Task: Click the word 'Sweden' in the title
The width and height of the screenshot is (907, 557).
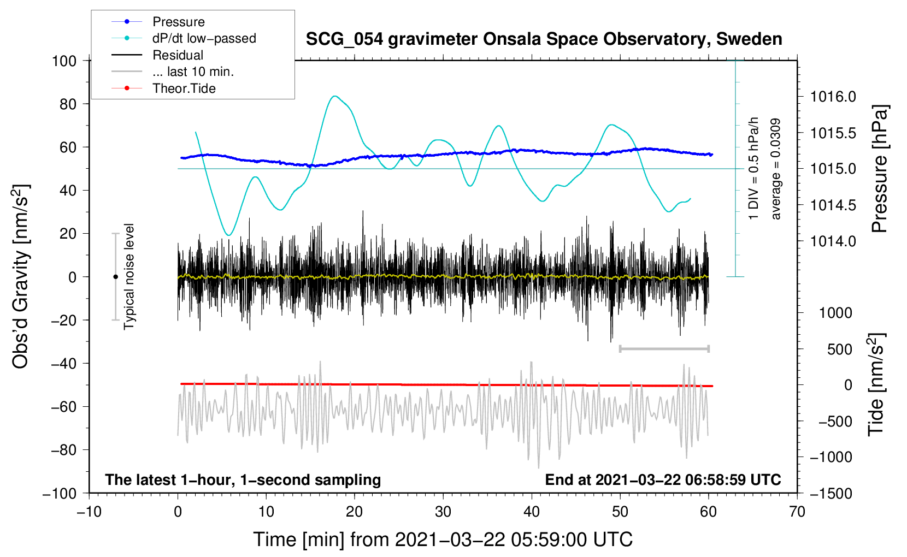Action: (749, 39)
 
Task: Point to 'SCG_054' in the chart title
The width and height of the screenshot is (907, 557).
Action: (344, 40)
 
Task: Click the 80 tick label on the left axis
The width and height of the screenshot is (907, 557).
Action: (68, 104)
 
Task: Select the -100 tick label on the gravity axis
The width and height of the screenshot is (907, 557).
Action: (60, 494)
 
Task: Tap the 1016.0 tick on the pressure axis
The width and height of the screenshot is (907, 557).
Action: (833, 97)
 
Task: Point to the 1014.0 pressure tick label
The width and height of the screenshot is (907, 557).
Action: (833, 241)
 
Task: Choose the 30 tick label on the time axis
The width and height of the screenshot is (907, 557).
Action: (443, 512)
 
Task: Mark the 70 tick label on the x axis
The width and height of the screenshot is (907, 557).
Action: (797, 512)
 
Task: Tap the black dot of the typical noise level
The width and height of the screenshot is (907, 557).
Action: (115, 277)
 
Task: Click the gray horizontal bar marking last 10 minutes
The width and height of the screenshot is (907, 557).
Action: (664, 348)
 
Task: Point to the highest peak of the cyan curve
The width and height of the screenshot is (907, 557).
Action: (334, 96)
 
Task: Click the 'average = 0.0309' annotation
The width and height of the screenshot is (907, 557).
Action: (775, 169)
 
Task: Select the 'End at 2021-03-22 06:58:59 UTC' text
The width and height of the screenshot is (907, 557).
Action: (663, 479)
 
